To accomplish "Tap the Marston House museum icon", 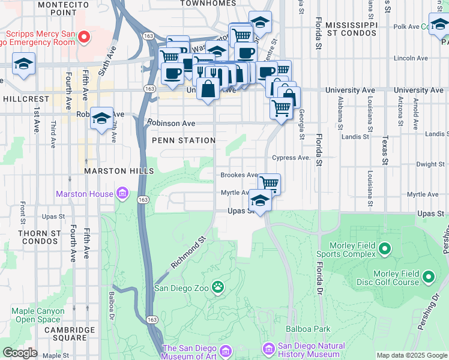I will pyautogui.click(x=122, y=193).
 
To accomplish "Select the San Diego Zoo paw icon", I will pyautogui.click(x=217, y=287).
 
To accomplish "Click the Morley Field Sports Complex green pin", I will pyautogui.click(x=385, y=247).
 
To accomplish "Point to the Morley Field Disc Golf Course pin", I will pyautogui.click(x=428, y=277).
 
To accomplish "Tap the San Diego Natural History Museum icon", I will pyautogui.click(x=268, y=348).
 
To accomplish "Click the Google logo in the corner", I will pyautogui.click(x=20, y=352).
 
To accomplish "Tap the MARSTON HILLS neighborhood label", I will pyautogui.click(x=114, y=171).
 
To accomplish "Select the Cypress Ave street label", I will pyautogui.click(x=291, y=158).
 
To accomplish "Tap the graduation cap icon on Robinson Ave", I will pyautogui.click(x=102, y=118).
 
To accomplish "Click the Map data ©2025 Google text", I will pyautogui.click(x=411, y=355).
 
